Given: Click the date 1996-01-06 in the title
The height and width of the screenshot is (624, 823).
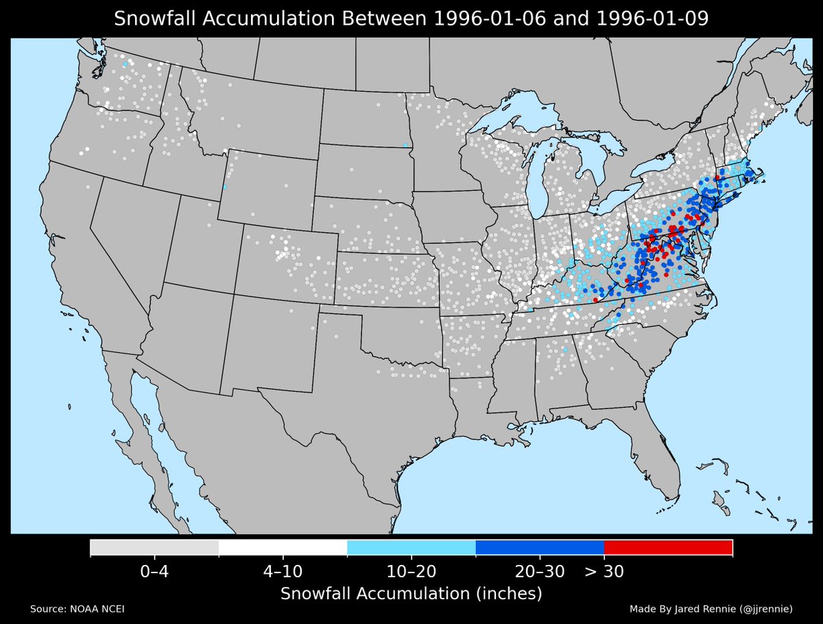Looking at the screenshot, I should tap(481, 19).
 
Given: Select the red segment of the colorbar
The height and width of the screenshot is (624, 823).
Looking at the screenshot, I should tap(668, 547).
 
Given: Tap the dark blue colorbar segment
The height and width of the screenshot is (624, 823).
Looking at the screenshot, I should tap(539, 547).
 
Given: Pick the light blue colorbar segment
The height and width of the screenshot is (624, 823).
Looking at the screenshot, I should tap(411, 547).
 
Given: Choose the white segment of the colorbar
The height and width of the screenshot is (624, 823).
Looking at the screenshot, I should tap(283, 547).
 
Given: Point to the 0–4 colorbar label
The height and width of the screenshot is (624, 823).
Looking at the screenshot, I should tap(154, 571).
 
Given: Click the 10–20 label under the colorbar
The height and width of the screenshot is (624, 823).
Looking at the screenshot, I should tap(411, 571).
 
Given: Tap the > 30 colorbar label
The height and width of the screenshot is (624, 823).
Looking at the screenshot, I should tap(604, 571).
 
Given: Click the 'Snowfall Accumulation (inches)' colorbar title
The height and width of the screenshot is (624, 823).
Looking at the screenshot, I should tap(411, 593).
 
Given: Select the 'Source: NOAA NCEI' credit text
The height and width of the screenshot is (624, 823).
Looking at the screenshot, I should tap(77, 609).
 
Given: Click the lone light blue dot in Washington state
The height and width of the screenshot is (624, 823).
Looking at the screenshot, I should tap(125, 64).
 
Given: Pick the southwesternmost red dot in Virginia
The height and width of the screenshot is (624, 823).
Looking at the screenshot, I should tap(595, 300).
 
